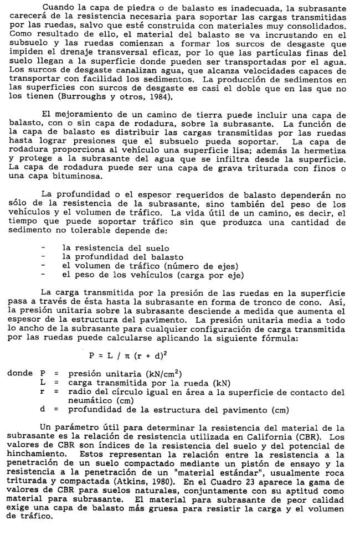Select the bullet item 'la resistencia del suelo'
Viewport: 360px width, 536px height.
pos(115,248)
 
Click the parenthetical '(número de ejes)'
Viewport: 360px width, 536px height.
pos(204,266)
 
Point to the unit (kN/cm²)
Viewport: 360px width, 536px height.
pos(161,374)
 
